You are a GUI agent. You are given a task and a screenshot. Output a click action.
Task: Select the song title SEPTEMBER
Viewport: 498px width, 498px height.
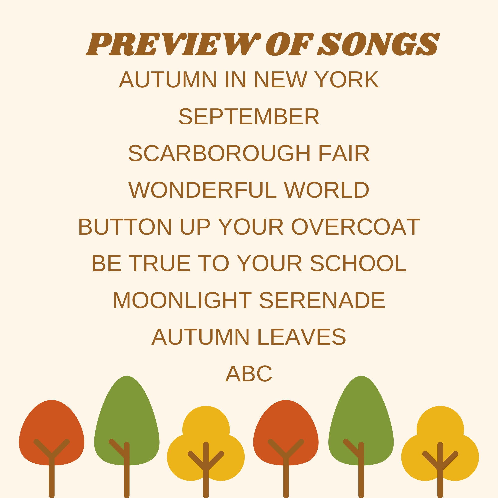tap(249, 117)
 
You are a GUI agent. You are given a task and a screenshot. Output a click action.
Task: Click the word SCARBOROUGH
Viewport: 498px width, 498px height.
tap(219, 154)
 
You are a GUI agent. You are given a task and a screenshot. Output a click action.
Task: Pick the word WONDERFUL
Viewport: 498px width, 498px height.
tap(202, 190)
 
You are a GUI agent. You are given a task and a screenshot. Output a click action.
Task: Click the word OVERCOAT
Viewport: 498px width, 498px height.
tap(356, 227)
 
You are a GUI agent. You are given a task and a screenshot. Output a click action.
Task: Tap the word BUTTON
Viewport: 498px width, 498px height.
tap(125, 227)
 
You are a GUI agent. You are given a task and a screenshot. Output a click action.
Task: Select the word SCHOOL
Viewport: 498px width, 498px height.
tap(358, 263)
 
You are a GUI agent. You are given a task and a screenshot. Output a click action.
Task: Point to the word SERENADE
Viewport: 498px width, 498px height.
tap(322, 300)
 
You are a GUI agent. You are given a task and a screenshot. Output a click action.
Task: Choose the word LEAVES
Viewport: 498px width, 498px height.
tap(301, 337)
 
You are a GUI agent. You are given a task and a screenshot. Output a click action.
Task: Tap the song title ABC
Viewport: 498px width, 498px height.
tap(249, 374)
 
